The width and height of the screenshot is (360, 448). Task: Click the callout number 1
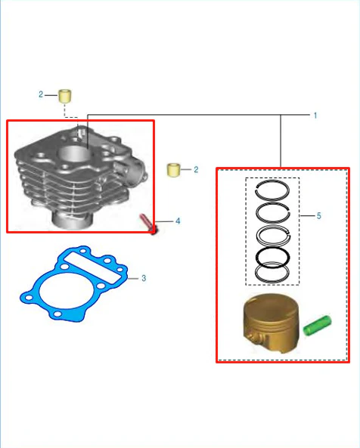point(315,116)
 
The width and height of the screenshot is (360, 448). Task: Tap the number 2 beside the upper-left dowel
point(41,94)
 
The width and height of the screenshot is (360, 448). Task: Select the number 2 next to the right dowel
point(196,170)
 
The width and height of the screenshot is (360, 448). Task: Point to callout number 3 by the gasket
point(144,278)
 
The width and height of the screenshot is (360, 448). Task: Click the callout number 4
point(178,221)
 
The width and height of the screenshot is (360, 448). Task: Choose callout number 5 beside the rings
point(319,216)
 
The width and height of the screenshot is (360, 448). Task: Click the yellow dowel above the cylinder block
point(65,96)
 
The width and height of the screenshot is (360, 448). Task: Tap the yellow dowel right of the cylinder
point(173,170)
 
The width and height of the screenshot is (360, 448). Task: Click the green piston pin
point(318,326)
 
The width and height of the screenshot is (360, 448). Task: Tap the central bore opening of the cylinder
point(74,154)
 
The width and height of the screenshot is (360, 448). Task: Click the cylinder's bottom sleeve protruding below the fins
point(72,220)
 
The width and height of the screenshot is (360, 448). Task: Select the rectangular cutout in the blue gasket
point(92,268)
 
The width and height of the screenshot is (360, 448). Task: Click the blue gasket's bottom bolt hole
point(57,314)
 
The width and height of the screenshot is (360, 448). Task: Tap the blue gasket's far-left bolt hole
point(29,298)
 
